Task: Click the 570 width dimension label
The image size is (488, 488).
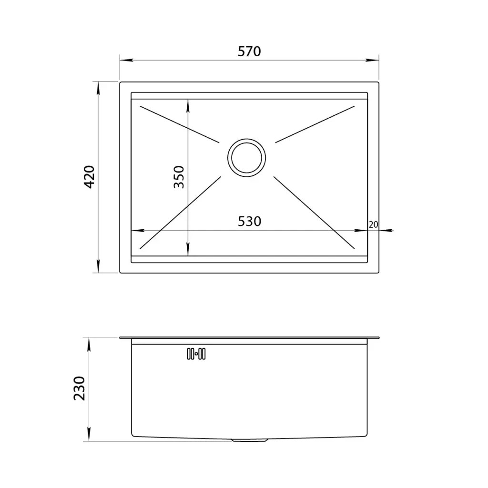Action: pos(249,51)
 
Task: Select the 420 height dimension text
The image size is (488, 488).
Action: pos(90,177)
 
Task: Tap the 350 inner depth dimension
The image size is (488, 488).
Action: pos(179,177)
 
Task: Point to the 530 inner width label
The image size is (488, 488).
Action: pos(249,221)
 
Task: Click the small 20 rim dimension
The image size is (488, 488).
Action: pos(373,224)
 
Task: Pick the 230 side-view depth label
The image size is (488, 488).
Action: pos(80,388)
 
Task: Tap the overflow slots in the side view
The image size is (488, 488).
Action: pos(196,354)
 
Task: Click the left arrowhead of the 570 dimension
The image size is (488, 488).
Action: pos(126,60)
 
